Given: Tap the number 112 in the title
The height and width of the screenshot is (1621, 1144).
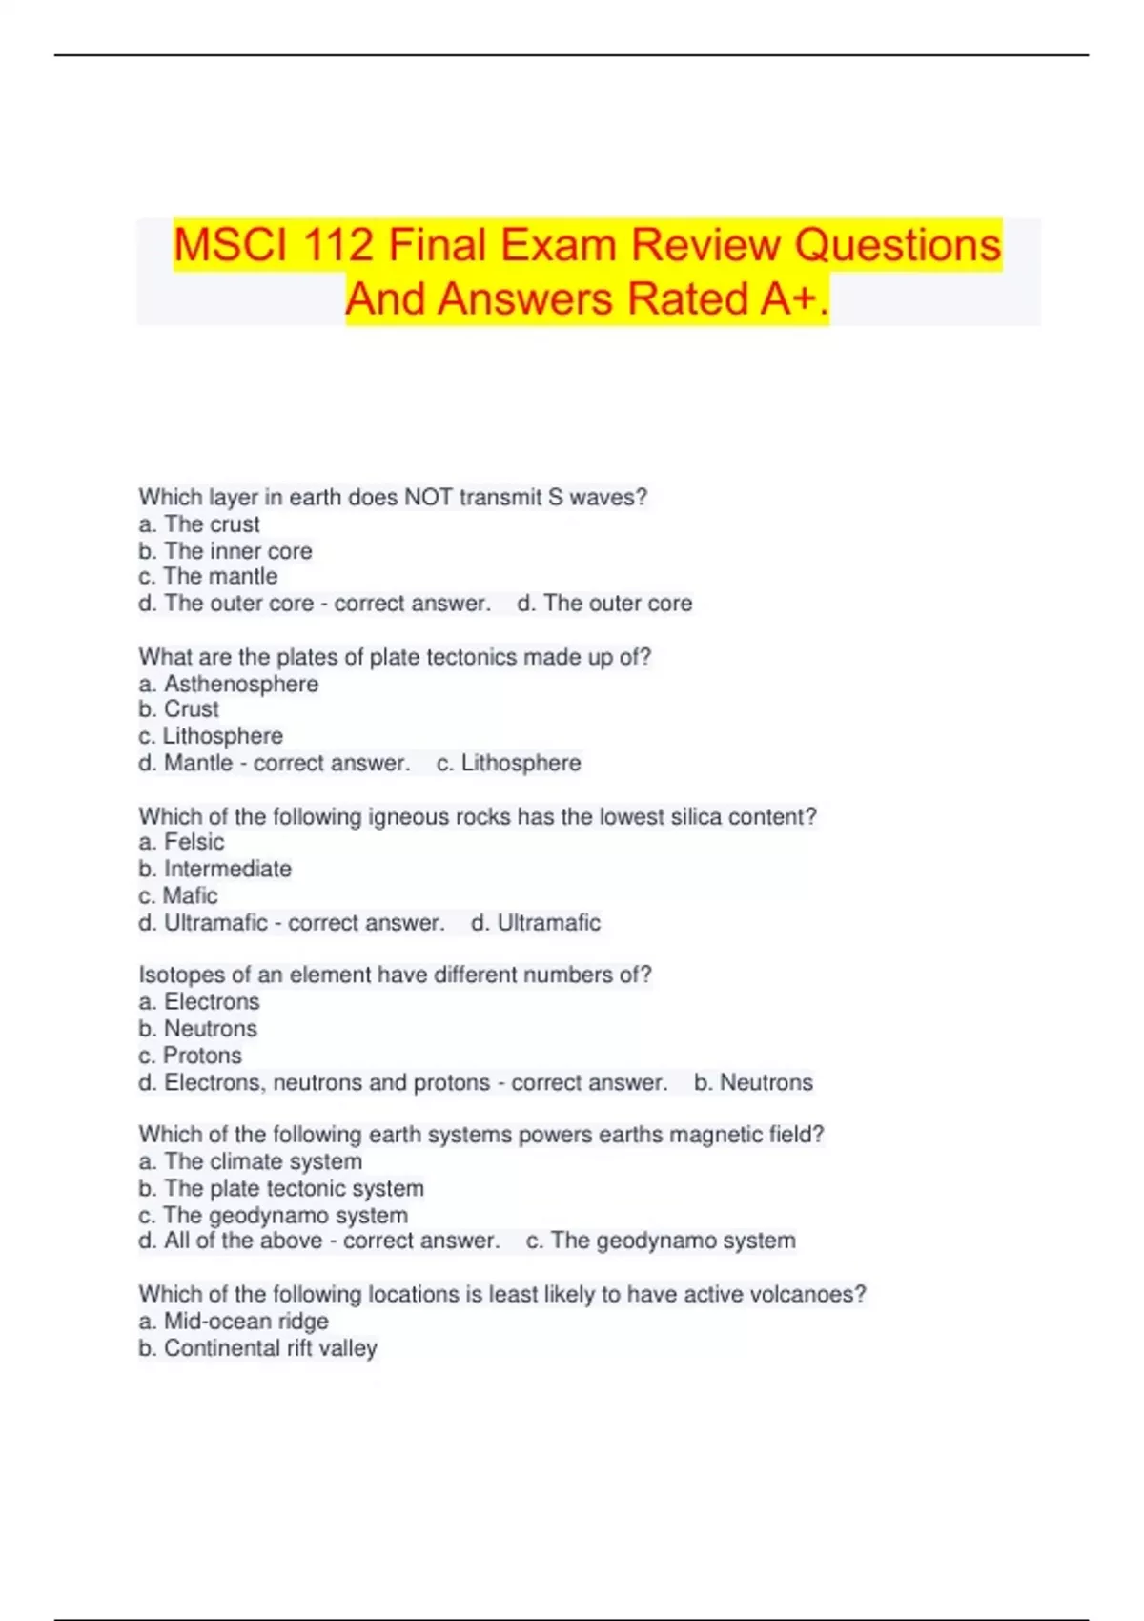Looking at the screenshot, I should pyautogui.click(x=338, y=246).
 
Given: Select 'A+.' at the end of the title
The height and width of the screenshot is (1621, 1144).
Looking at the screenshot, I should pyautogui.click(x=795, y=299).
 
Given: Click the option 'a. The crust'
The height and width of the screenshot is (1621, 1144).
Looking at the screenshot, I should pyautogui.click(x=199, y=524).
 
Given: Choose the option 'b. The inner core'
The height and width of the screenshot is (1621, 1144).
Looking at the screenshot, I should pyautogui.click(x=225, y=551).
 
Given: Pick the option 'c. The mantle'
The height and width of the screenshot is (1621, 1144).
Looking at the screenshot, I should pyautogui.click(x=208, y=577).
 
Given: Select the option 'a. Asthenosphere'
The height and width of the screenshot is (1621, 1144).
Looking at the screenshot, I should pyautogui.click(x=229, y=684).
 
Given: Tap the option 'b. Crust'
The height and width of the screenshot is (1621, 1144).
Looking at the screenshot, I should pyautogui.click(x=178, y=709).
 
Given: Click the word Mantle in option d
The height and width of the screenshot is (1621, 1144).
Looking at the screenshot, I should pyautogui.click(x=198, y=763).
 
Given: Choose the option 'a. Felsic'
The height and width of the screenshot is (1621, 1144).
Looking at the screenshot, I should pyautogui.click(x=181, y=842).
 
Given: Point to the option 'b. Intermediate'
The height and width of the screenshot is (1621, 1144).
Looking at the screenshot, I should pyautogui.click(x=214, y=869).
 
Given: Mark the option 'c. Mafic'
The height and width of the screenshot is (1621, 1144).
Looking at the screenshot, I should pyautogui.click(x=178, y=895).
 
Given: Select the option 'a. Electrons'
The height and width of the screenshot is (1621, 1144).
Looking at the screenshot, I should pyautogui.click(x=199, y=1001).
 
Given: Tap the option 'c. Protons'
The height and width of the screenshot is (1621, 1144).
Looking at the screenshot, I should pyautogui.click(x=191, y=1056).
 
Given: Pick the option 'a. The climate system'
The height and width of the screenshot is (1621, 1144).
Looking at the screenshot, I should pyautogui.click(x=250, y=1161).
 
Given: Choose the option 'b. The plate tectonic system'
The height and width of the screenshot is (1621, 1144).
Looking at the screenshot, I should pyautogui.click(x=281, y=1188).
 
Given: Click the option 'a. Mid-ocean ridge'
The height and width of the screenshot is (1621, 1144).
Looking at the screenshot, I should pyautogui.click(x=234, y=1321).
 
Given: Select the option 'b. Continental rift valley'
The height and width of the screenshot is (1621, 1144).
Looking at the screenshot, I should pyautogui.click(x=257, y=1348).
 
